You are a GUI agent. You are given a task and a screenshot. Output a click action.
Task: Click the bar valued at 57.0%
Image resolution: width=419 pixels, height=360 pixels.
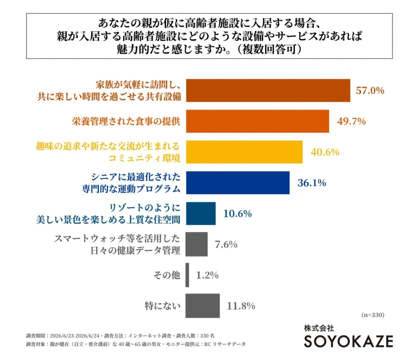pyautogui.click(x=268, y=90)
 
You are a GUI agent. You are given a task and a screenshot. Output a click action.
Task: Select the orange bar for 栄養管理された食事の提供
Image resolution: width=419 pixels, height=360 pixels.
pyautogui.click(x=258, y=121)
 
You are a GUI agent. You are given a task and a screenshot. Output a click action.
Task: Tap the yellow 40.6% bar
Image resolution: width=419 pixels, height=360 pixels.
pyautogui.click(x=245, y=152)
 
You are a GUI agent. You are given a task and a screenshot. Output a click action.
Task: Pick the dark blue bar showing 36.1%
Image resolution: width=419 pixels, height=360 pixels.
pyautogui.click(x=238, y=183)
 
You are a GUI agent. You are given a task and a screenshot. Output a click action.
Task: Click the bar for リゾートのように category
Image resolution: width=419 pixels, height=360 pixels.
pyautogui.click(x=201, y=214)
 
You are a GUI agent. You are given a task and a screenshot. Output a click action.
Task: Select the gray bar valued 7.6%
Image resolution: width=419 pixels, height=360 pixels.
pyautogui.click(x=197, y=244)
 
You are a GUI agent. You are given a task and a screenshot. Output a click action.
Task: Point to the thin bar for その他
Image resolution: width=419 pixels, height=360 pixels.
pyautogui.click(x=187, y=275)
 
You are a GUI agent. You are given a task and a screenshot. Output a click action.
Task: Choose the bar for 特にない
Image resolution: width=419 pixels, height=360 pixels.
pyautogui.click(x=203, y=306)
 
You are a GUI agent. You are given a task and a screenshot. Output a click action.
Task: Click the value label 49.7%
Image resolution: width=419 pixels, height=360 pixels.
pyautogui.click(x=351, y=122)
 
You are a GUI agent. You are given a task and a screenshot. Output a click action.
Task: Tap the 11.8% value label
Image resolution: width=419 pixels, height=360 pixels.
pyautogui.click(x=241, y=306)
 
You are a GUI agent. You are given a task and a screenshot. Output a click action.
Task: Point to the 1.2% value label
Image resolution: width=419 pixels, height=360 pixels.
pyautogui.click(x=207, y=275)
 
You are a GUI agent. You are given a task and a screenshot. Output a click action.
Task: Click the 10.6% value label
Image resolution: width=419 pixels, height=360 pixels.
pyautogui.click(x=237, y=214)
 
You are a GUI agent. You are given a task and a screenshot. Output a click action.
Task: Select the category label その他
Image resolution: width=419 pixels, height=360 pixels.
pyautogui.click(x=167, y=275)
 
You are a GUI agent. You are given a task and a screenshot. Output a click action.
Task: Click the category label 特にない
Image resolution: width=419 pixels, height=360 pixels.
pyautogui.click(x=162, y=306)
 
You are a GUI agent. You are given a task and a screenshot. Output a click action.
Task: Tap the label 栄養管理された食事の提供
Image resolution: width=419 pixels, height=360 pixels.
pyautogui.click(x=126, y=121)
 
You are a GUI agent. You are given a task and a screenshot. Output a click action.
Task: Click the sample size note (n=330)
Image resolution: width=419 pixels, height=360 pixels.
pyautogui.click(x=373, y=315)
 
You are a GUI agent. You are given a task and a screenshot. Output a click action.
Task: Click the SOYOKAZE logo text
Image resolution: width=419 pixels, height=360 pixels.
pyautogui.click(x=349, y=341)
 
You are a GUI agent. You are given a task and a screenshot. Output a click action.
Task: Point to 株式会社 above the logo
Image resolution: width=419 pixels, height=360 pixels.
pyautogui.click(x=319, y=328)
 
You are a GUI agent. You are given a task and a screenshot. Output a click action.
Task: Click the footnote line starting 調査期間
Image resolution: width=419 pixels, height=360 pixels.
pyautogui.click(x=120, y=336)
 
